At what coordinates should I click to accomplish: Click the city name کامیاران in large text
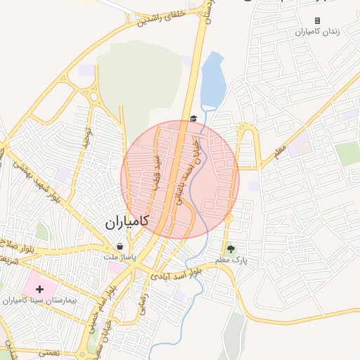127,221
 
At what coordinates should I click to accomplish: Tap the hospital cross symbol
39,288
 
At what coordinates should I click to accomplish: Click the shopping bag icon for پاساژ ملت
120,247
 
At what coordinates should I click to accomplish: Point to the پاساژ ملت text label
120,257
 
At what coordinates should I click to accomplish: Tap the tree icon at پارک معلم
231,249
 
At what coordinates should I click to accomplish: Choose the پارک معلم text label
232,260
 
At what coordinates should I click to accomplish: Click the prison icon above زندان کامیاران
317,21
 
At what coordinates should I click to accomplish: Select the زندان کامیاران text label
317,32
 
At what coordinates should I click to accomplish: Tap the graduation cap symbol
193,119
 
